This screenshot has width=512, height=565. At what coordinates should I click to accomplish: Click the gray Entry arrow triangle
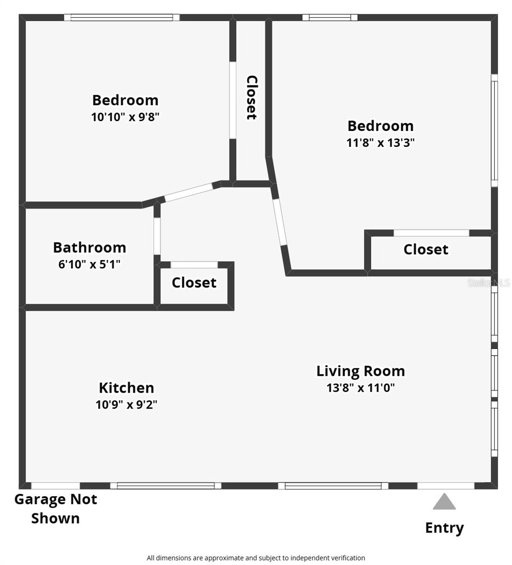[x=444, y=502]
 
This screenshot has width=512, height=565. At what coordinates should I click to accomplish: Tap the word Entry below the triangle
[x=444, y=528]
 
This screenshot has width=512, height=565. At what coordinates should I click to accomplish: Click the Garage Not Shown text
[x=56, y=508]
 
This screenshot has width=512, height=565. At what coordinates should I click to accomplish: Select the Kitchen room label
[x=126, y=387]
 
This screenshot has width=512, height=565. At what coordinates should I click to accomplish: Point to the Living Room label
[x=360, y=371]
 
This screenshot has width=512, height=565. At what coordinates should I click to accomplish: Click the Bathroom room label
[x=89, y=247]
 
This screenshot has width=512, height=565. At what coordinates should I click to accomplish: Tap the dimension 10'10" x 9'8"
[x=125, y=117]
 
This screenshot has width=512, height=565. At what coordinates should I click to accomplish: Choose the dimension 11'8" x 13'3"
[x=380, y=143]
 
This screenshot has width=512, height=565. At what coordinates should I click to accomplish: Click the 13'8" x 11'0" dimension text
[x=360, y=388]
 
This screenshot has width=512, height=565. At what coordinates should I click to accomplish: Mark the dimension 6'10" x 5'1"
[x=89, y=264]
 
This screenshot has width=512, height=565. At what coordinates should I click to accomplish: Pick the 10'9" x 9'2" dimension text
[x=126, y=404]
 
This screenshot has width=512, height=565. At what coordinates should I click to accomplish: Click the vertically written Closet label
[x=252, y=97]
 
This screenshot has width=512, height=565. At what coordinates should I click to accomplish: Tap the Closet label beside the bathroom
[x=194, y=282]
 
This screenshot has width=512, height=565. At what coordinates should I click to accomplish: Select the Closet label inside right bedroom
[x=426, y=249]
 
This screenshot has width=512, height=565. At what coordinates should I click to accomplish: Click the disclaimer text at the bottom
[x=256, y=558]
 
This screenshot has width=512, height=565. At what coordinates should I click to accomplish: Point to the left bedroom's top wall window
[x=122, y=18]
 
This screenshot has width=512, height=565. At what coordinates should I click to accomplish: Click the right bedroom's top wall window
[x=330, y=18]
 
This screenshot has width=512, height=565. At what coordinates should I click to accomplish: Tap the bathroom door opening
[x=157, y=236]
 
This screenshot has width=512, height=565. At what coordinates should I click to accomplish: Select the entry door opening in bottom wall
[x=446, y=485]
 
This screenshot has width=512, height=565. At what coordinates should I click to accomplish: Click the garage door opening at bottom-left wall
[x=55, y=485]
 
